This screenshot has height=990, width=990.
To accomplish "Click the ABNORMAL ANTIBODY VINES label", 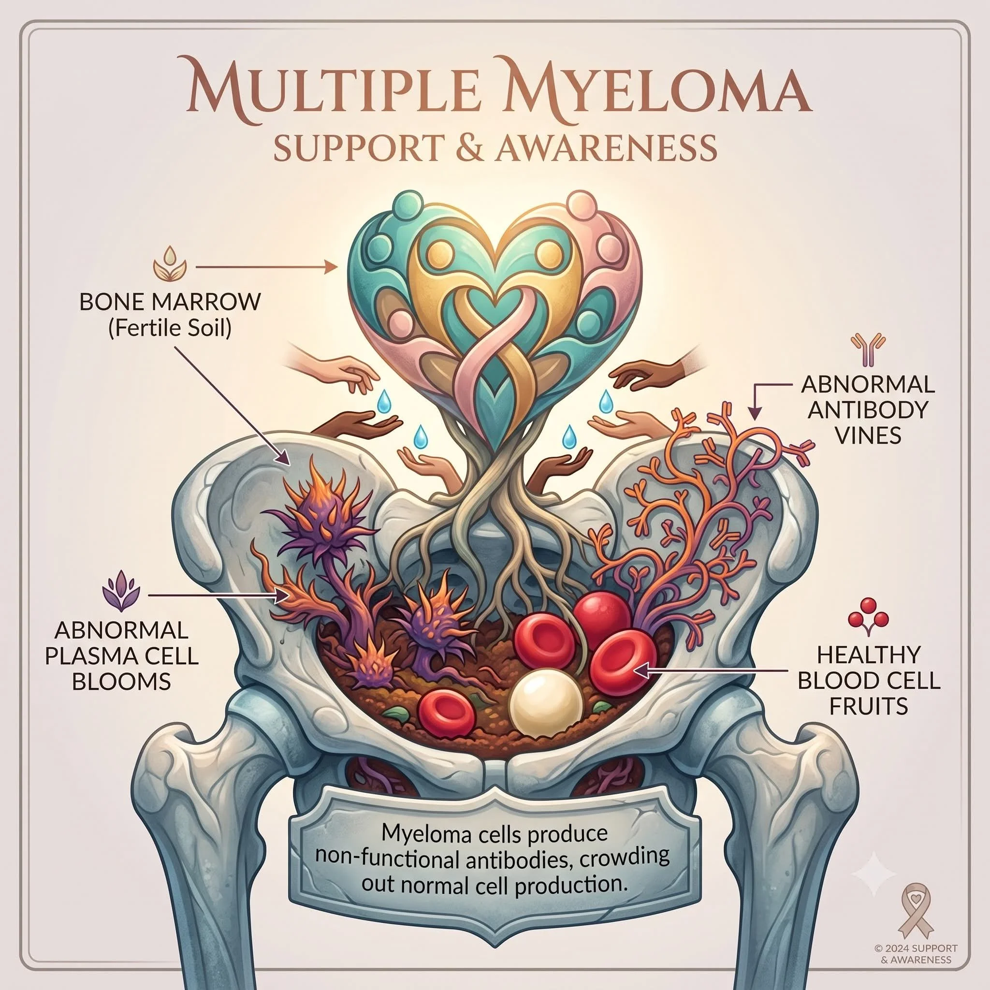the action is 868,409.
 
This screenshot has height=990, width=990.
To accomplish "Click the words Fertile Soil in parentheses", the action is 170,328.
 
